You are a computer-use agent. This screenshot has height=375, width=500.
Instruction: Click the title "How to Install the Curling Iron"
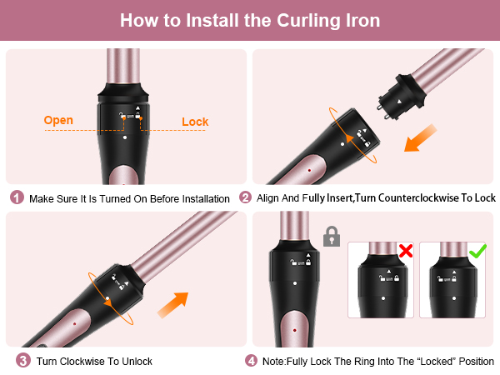pos(250,20)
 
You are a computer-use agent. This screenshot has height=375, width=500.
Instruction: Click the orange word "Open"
pos(58,120)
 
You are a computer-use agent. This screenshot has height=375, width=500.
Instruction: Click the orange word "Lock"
pos(195,122)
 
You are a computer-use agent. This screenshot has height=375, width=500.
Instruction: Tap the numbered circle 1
pos(17,198)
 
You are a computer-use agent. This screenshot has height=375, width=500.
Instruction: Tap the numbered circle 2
pos(245,198)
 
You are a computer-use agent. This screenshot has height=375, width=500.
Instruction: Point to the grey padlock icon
pos(331,237)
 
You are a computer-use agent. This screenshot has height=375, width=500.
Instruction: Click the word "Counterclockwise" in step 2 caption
pos(422,198)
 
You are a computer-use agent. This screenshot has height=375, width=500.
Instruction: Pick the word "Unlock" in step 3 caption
pos(134,362)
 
